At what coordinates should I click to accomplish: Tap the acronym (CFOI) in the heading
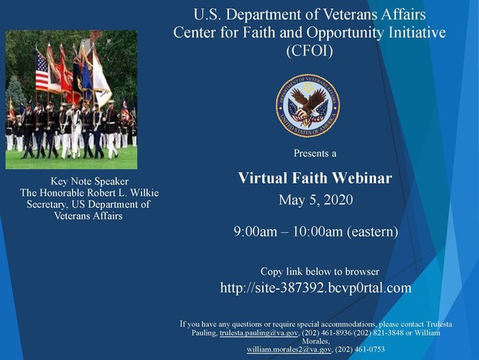tap(310, 50)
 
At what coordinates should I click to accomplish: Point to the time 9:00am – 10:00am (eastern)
tap(315, 232)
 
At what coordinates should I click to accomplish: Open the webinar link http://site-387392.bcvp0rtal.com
tap(316, 288)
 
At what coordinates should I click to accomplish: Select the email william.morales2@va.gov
tap(289, 349)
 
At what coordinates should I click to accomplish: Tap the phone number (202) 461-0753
tap(360, 349)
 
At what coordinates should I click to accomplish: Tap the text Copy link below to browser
tap(319, 271)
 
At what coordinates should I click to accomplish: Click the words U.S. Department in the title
tap(242, 14)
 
